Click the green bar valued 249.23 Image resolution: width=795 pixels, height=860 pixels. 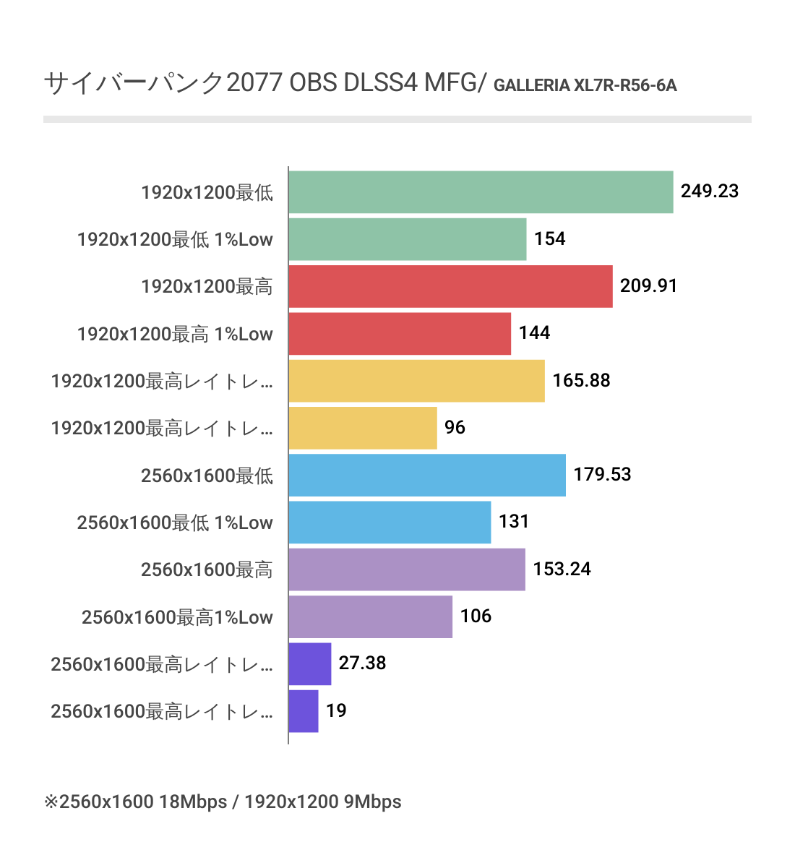(x=481, y=192)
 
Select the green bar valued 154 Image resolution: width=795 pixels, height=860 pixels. (x=407, y=239)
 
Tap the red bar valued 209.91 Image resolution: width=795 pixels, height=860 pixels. (x=450, y=286)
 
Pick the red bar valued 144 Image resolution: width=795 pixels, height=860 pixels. (x=400, y=334)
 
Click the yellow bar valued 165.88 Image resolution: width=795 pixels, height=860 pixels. (x=416, y=381)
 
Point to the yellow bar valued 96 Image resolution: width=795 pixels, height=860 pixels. (x=363, y=428)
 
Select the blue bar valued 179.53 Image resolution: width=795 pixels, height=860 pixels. (x=427, y=475)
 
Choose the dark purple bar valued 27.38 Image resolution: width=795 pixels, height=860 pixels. (x=309, y=663)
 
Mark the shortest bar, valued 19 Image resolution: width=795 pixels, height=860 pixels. (x=304, y=711)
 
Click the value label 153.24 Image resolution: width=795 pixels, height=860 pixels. (x=562, y=569)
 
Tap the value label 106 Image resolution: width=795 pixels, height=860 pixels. (x=476, y=616)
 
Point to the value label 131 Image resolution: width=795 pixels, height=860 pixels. (x=514, y=522)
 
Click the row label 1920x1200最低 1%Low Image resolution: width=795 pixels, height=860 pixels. (x=175, y=239)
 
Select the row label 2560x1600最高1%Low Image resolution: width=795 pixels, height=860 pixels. (x=177, y=617)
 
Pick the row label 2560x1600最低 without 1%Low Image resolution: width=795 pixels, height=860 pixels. (x=207, y=476)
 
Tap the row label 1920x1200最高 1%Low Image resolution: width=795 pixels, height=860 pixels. (x=175, y=334)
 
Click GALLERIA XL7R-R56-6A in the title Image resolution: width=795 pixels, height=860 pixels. (x=585, y=86)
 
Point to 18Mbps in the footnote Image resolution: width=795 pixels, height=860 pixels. (x=193, y=801)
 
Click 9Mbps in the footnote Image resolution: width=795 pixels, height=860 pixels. (x=372, y=801)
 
